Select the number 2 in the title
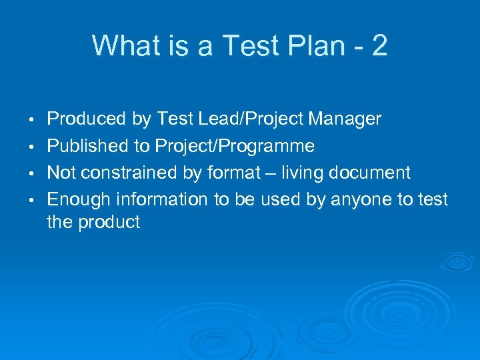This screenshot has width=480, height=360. [379, 46]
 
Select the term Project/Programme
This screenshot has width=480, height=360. [234, 146]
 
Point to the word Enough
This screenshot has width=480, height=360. [79, 199]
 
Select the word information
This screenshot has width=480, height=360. [158, 199]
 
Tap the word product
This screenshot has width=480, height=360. [109, 222]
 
